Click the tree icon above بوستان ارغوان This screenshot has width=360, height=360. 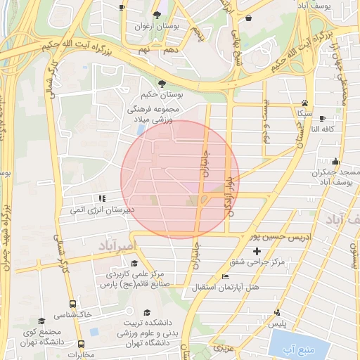tap(157, 15)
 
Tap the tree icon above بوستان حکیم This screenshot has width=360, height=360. tap(162, 82)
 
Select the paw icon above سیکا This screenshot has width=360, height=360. tap(304, 102)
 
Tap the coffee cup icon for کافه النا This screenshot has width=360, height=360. tap(322, 119)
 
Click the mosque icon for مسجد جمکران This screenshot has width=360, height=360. tap(335, 162)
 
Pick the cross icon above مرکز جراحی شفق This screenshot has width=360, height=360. tap(257, 251)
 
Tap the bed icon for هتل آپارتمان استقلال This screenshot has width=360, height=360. tap(224, 278)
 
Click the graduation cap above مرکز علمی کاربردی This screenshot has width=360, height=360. tap(134, 263)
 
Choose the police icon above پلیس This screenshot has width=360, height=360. tap(278, 313)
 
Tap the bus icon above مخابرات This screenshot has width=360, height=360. tap(82, 345)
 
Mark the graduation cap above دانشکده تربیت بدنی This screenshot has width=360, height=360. tap(147, 312)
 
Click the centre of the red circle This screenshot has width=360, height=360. tap(180, 179)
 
